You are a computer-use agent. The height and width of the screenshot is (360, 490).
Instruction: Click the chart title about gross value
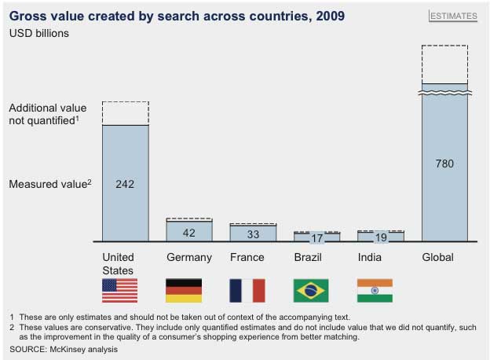point(177,16)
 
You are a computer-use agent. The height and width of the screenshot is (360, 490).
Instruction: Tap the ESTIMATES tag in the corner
point(454,16)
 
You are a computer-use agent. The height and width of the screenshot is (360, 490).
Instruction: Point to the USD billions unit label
point(38,33)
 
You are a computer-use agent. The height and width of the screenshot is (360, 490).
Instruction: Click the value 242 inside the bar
point(126,184)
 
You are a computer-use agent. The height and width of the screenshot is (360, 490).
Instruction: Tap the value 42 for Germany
point(189,233)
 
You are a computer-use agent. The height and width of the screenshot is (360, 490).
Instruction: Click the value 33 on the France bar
point(253,233)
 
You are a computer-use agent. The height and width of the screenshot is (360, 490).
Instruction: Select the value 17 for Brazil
point(316,238)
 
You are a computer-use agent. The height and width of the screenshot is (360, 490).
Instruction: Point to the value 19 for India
point(380,238)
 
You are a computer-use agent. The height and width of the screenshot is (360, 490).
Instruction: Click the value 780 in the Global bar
point(444,163)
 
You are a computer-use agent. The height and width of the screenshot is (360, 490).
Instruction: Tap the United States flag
point(119,291)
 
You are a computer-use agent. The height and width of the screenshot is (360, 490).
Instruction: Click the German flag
point(184,291)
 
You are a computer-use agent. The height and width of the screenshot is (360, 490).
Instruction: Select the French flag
point(247,291)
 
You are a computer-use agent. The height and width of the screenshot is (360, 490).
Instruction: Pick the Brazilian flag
point(311,291)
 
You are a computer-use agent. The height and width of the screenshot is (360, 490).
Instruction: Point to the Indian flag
point(375,291)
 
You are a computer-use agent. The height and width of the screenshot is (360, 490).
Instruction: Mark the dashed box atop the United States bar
point(126,113)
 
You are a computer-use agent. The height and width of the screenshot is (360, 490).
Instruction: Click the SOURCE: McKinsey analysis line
point(64,349)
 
